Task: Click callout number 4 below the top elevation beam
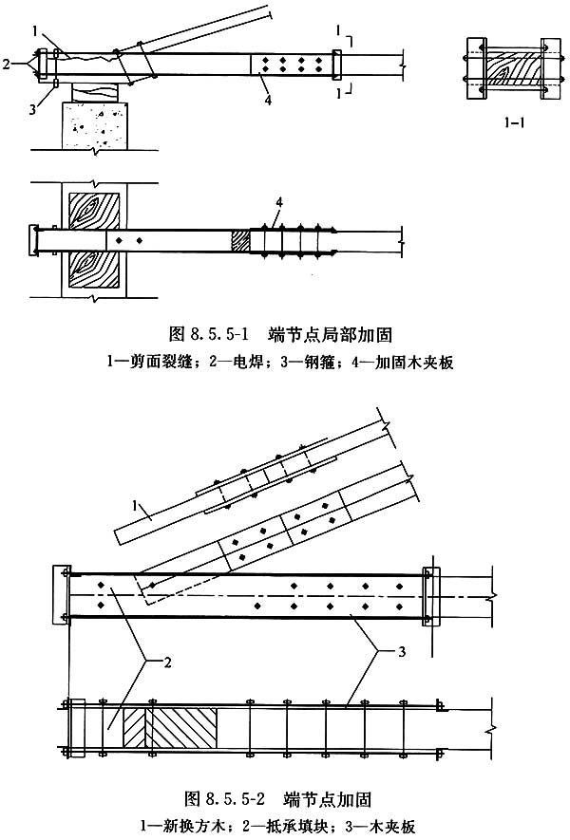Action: (270, 94)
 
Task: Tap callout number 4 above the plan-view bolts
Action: (277, 200)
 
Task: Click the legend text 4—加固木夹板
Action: (371, 362)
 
